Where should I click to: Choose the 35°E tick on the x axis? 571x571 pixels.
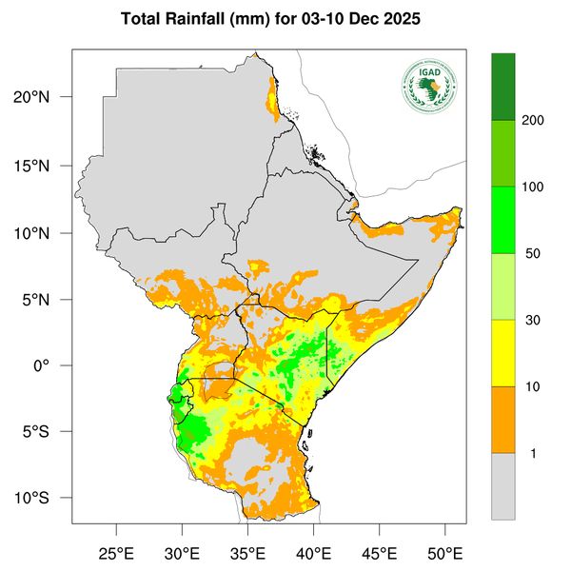coord(247,553)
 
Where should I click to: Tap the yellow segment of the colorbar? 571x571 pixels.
coord(502,353)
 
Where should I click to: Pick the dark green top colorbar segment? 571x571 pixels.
coord(502,87)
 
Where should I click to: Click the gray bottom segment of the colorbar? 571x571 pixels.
coord(502,486)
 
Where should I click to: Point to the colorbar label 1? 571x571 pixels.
coord(533,454)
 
